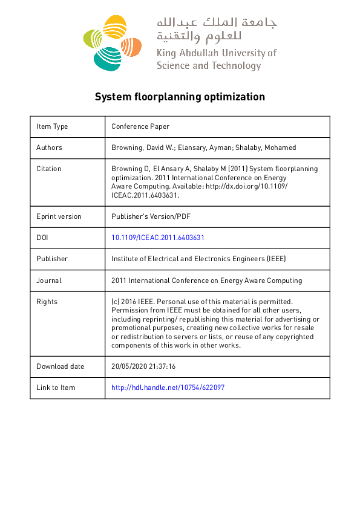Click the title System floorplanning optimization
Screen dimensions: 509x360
[180, 97]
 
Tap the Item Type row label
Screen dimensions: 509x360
[52, 126]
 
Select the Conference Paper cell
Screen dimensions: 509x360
[140, 126]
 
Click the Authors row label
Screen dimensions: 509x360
[49, 148]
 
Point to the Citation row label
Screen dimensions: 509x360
[48, 169]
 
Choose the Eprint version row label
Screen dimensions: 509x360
[59, 216]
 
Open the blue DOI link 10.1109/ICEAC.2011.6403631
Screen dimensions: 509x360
[162, 238]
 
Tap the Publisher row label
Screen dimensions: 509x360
[52, 259]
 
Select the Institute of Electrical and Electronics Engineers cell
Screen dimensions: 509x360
[198, 259]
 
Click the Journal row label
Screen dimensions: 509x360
[49, 280]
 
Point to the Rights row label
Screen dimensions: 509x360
[47, 302]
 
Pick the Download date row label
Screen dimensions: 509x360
[60, 366]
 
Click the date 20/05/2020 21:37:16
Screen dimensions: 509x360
[143, 366]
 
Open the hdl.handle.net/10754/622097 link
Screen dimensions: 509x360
[168, 387]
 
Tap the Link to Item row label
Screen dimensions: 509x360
[56, 387]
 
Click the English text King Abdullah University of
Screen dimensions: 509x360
[216, 53]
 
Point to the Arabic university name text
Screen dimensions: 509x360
[216, 29]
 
